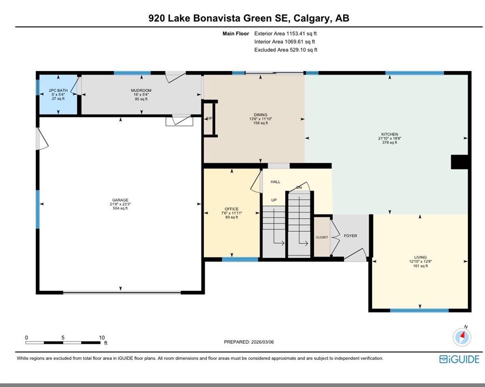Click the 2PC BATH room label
click(58, 91)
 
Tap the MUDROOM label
click(141, 91)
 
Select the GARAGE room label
click(120, 200)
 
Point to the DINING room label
click(261, 115)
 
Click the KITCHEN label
click(390, 134)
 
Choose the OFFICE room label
click(232, 209)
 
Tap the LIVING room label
click(420, 257)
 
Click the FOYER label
click(350, 236)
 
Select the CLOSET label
click(322, 237)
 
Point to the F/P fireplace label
click(209, 118)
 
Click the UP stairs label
click(274, 200)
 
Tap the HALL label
click(275, 182)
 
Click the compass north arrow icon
click(462, 336)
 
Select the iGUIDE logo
click(459, 359)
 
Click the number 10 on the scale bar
click(102, 338)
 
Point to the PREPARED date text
click(249, 342)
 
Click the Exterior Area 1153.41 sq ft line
click(285, 33)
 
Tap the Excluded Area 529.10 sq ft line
click(286, 49)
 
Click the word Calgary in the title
click(311, 18)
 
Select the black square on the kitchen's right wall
click(460, 162)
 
